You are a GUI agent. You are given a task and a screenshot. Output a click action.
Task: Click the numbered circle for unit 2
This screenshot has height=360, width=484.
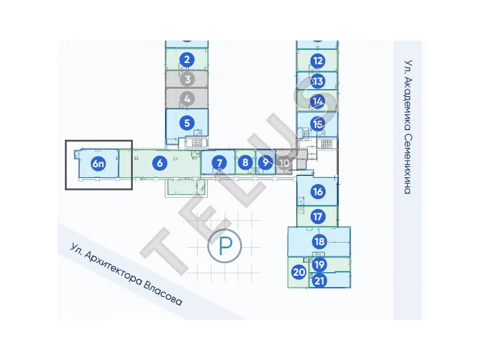186,60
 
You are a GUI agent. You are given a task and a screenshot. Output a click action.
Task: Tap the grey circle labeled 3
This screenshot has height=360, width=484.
187,79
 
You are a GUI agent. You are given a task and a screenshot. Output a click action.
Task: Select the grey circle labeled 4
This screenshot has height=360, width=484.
187,99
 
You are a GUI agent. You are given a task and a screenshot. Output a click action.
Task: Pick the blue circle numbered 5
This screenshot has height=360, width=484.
186,123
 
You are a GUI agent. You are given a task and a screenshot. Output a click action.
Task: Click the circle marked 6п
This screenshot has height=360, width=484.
99,163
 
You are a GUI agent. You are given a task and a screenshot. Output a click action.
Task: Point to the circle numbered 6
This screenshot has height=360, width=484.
160,163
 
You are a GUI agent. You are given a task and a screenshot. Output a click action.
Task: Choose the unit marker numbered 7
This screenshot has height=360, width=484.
220,163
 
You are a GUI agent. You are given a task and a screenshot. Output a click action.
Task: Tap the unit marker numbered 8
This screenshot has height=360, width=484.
245,162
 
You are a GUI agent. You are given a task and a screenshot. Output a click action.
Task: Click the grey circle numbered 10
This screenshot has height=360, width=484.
284,162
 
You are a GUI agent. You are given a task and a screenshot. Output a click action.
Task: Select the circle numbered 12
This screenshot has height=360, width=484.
318,61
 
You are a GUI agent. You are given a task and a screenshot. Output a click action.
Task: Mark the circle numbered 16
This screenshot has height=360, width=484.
318,192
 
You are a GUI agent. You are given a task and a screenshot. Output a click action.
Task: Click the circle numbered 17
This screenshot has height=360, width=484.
317,216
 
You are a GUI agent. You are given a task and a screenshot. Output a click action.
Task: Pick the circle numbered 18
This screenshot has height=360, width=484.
319,241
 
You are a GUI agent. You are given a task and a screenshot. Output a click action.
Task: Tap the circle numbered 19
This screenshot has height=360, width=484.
319,265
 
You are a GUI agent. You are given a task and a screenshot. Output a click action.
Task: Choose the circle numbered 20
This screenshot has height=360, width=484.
299,272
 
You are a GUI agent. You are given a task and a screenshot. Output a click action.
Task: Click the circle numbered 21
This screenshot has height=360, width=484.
319,281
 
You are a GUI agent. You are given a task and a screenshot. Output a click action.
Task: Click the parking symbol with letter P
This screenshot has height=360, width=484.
225,246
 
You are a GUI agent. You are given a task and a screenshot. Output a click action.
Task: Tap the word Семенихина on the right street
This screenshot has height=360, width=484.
408,163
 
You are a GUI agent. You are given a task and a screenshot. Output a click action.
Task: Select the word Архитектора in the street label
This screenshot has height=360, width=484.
114,267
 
